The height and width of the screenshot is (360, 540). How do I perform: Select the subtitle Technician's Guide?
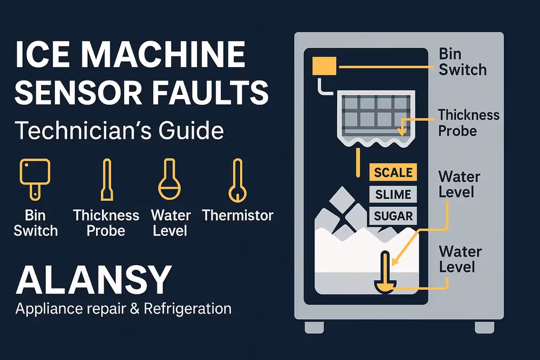tap(120, 130)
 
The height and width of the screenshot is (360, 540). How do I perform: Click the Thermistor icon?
tap(237, 180)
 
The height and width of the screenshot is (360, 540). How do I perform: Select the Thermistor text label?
tap(237, 215)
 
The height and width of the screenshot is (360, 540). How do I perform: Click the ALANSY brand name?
tap(94, 280)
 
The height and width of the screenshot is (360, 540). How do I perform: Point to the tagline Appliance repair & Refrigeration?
tap(123, 308)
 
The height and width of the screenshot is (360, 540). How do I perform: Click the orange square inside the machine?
tap(323, 66)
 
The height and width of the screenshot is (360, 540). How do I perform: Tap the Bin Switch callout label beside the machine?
tap(462, 62)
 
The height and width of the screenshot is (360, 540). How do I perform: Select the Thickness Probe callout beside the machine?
tap(468, 122)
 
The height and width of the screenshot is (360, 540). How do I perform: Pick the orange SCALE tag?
tap(393, 173)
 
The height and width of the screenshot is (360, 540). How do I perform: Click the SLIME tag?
tap(393, 195)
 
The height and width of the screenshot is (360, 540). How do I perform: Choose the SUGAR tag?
tap(393, 216)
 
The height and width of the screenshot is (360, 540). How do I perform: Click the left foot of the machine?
tap(314, 326)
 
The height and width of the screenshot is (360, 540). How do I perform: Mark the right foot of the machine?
tap(484, 326)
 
